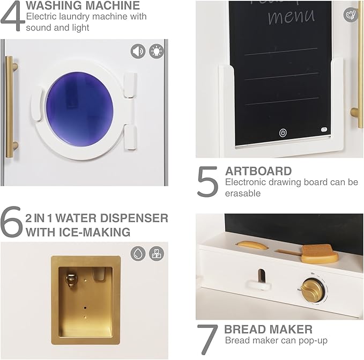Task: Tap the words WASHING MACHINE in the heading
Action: click(83, 6)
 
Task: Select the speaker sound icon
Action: click(138, 51)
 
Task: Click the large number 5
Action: click(207, 182)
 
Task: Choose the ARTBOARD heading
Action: click(258, 171)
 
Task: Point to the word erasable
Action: click(243, 193)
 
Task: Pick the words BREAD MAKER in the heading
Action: click(269, 329)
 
